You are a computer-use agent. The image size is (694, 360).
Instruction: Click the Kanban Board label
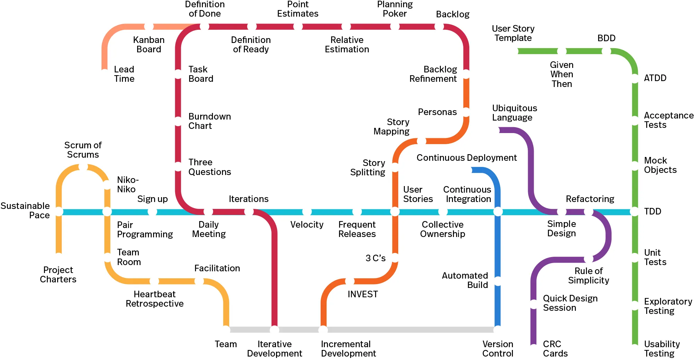[149, 45]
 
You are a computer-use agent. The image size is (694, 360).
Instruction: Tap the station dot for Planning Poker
[395, 27]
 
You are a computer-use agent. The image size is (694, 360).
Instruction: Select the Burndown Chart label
[210, 121]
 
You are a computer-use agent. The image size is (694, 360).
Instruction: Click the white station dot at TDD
[634, 211]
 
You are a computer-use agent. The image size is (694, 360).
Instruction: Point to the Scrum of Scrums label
[83, 150]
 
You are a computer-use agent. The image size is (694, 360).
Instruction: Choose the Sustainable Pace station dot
[59, 211]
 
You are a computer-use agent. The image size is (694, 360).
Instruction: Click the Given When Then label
[562, 74]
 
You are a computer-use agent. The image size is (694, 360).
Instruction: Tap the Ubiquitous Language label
[515, 113]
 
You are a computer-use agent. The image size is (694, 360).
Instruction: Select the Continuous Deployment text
[466, 158]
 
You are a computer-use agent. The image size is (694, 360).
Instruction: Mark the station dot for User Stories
[395, 211]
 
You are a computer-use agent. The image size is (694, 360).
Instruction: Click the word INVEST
[363, 294]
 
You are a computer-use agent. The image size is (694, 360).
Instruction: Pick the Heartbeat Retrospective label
[154, 299]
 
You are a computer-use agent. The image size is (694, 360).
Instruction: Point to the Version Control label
[498, 349]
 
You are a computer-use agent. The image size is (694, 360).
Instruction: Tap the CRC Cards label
[555, 349]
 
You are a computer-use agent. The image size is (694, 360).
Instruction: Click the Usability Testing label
[662, 349]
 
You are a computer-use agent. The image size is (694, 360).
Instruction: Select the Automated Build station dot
[498, 281]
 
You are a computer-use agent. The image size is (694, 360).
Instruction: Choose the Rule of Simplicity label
[588, 275]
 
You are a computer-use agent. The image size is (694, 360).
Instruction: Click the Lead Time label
[124, 74]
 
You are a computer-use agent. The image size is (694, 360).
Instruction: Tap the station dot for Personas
[466, 112]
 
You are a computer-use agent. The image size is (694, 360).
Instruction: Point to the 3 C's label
[375, 258]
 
